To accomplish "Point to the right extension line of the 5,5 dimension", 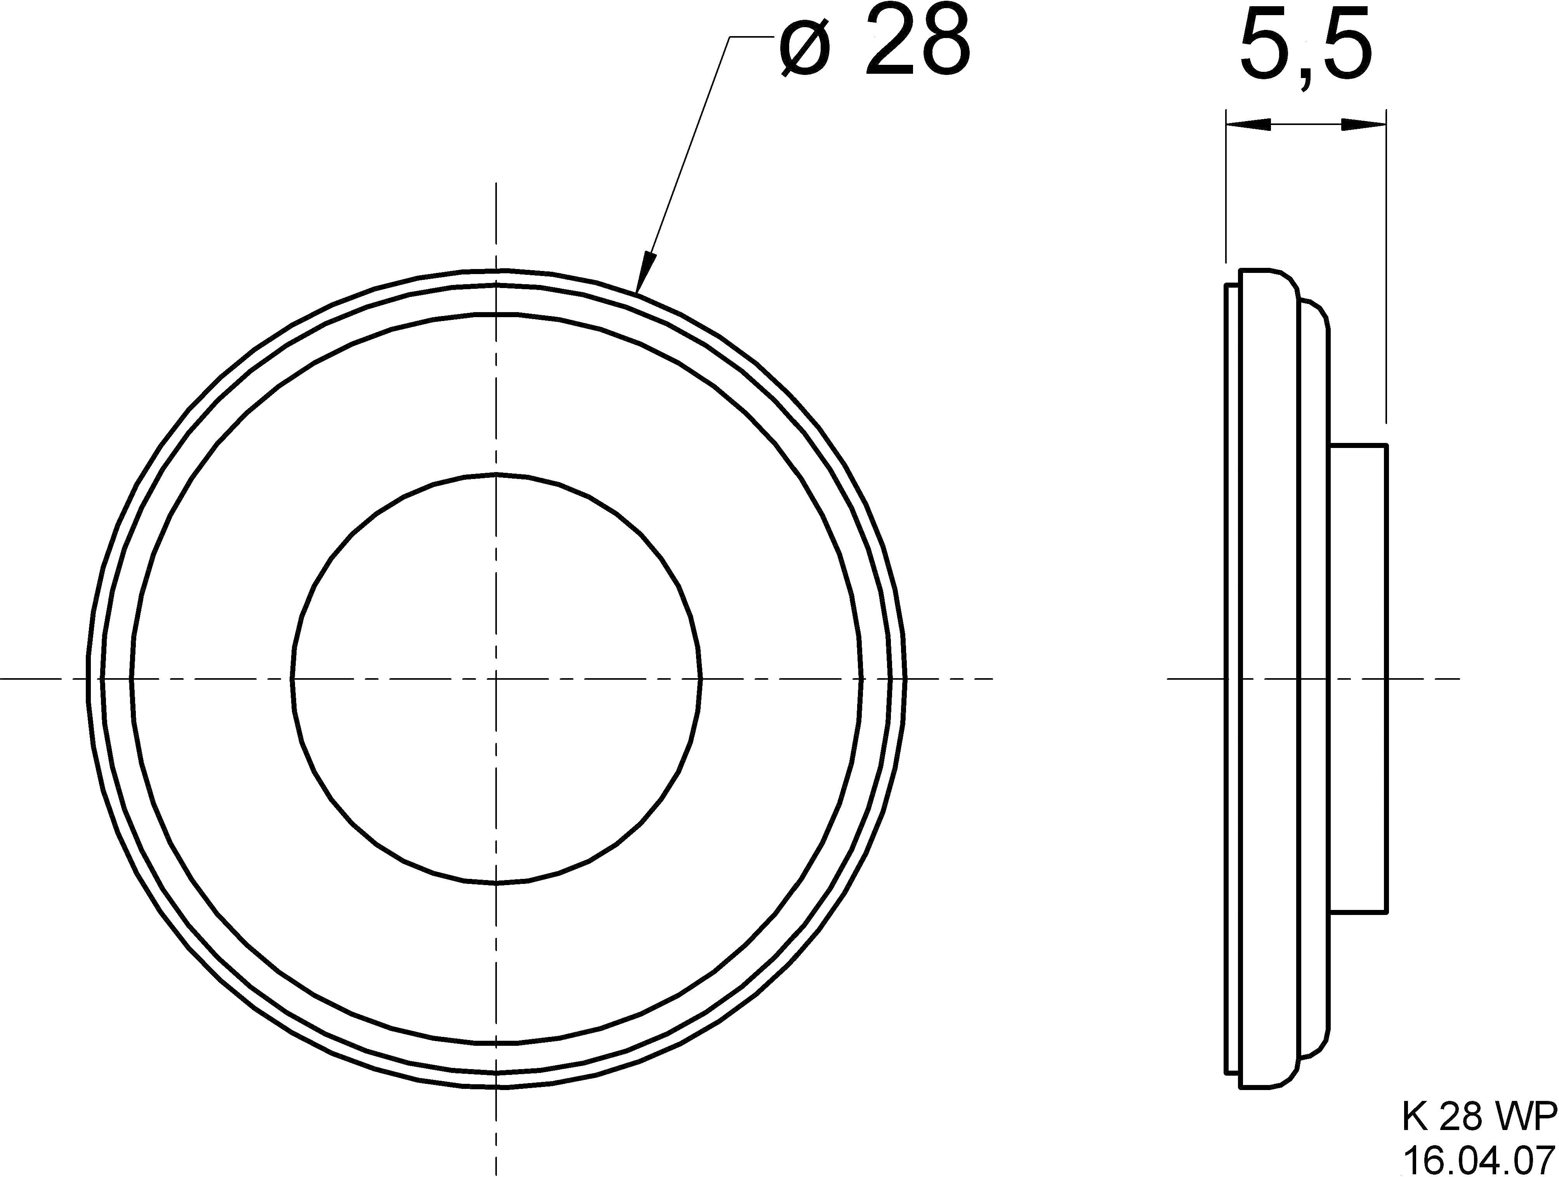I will tap(1386, 268).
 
